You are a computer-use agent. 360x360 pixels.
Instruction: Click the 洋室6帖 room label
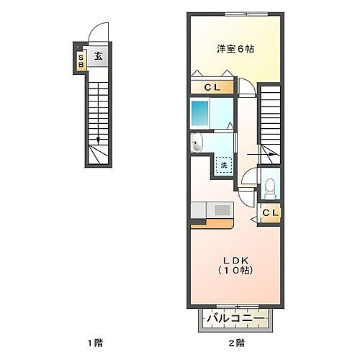(x=235, y=49)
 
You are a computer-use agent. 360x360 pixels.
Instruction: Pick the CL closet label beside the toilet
(x=270, y=213)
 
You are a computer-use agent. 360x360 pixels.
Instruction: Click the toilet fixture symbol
(x=270, y=187)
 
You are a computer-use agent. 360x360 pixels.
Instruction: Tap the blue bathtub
(x=200, y=113)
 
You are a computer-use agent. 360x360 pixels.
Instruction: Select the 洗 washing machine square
(x=224, y=165)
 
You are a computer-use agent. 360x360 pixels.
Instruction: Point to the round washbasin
(x=197, y=145)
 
